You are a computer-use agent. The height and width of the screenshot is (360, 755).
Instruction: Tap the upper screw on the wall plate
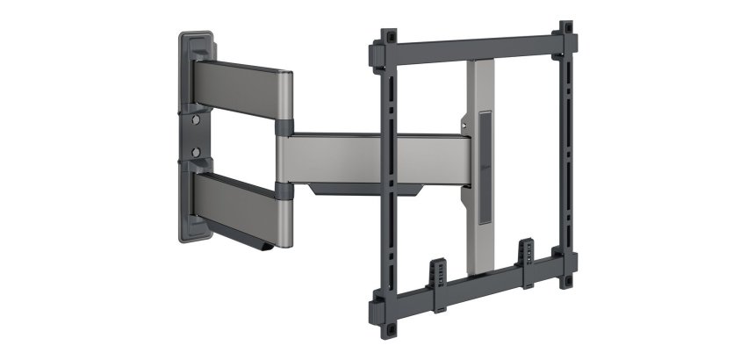(x=197, y=115)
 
